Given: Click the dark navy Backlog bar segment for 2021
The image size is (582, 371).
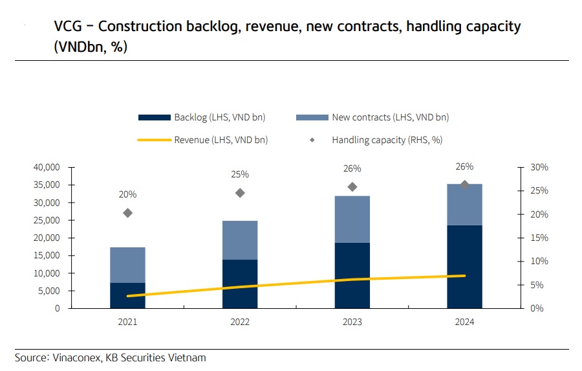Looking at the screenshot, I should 127,295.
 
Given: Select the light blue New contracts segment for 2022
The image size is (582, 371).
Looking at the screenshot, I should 240,240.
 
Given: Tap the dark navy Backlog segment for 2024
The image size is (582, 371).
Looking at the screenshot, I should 464,266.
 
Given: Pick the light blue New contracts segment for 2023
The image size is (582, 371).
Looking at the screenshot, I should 352,219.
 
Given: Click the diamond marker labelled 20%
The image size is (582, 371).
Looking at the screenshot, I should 127,213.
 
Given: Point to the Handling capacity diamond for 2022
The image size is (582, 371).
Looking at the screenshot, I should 240,193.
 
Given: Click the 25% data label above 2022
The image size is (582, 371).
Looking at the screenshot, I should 240,174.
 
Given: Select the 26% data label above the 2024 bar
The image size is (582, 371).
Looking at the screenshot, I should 464,166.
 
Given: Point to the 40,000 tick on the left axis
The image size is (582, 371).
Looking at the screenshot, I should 46,167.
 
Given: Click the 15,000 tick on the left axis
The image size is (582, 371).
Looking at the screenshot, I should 46,255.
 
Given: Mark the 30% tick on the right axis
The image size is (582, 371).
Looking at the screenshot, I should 539,167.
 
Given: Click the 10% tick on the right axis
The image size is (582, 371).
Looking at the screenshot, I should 539,262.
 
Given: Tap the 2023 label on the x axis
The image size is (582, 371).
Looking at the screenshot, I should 352,322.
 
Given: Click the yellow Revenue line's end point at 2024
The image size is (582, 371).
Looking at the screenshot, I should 464,276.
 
